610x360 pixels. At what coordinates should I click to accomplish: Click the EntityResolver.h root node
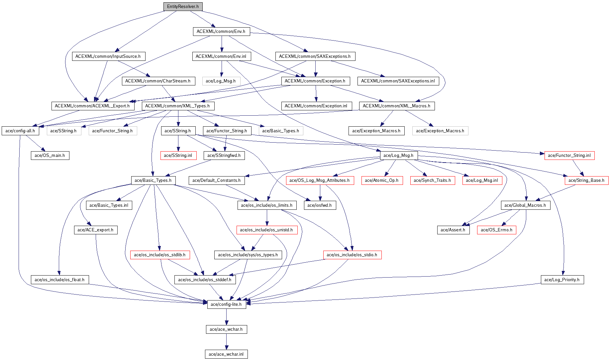(x=183, y=7)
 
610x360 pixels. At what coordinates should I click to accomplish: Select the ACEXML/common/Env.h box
(x=221, y=32)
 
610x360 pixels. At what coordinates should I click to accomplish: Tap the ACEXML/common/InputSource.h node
(x=108, y=57)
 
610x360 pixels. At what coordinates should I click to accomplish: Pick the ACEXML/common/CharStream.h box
(x=158, y=81)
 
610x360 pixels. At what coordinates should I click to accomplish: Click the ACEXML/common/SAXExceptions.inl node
(x=398, y=81)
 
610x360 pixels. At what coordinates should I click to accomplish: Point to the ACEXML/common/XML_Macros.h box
(x=396, y=106)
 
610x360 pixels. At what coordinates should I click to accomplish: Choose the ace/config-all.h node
(x=20, y=131)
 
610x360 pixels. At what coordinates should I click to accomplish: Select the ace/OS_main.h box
(x=50, y=156)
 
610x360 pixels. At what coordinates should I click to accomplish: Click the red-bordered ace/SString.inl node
(x=178, y=156)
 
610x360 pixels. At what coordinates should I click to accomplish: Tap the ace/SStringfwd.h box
(x=224, y=156)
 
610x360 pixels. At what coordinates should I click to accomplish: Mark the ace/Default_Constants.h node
(x=217, y=180)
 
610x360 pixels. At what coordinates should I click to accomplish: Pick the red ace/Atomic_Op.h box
(x=382, y=180)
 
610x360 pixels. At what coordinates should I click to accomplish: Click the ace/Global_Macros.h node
(x=525, y=205)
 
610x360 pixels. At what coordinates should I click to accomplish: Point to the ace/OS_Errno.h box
(x=496, y=230)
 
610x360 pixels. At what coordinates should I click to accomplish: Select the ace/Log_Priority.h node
(x=562, y=280)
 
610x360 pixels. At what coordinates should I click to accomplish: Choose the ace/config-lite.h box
(x=226, y=304)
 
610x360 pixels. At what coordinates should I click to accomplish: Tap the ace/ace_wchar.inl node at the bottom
(x=226, y=354)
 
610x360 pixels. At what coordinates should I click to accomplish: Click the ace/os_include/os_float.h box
(x=59, y=280)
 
